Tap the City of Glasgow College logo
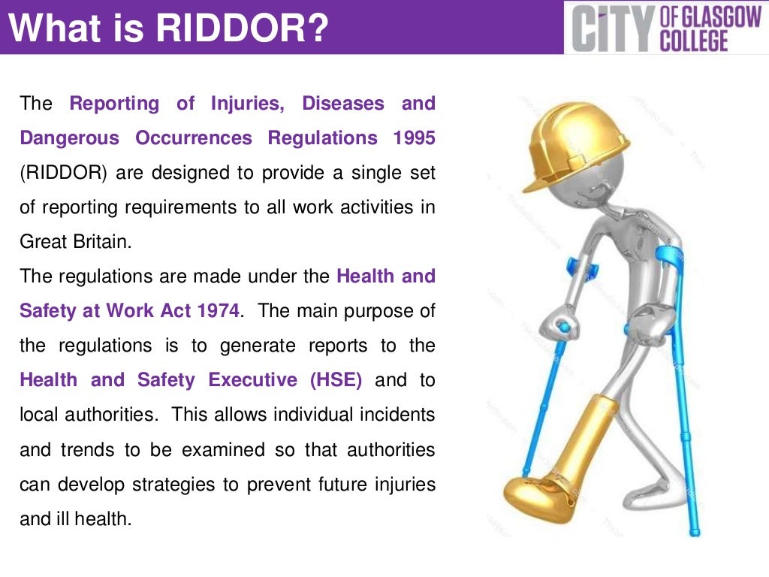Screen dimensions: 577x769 pyautogui.click(x=666, y=28)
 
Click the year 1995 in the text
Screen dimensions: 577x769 pyautogui.click(x=413, y=138)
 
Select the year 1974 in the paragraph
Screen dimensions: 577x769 pyautogui.click(x=219, y=311)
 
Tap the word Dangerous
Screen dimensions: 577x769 pyautogui.click(x=69, y=138)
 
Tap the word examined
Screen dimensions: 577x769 pyautogui.click(x=221, y=449)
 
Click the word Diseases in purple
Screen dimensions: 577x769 pyautogui.click(x=342, y=104)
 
